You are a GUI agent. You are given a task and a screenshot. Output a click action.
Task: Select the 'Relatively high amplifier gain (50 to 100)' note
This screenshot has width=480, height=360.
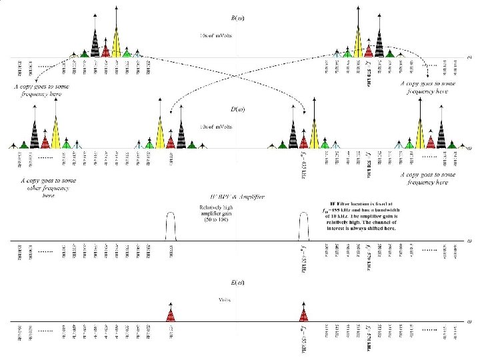(216, 213)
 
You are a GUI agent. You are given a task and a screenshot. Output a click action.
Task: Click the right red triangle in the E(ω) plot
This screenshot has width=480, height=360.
(304, 313)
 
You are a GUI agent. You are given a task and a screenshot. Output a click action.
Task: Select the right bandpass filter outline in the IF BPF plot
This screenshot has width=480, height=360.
(304, 227)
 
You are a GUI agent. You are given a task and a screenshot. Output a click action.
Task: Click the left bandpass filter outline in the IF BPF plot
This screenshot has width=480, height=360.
(171, 227)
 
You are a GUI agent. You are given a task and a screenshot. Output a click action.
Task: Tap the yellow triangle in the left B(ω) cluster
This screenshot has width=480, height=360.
(117, 43)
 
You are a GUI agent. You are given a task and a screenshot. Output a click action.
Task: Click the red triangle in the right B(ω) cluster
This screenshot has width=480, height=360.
(368, 51)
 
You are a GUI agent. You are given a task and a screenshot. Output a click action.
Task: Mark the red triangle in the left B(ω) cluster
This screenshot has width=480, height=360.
(106, 51)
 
